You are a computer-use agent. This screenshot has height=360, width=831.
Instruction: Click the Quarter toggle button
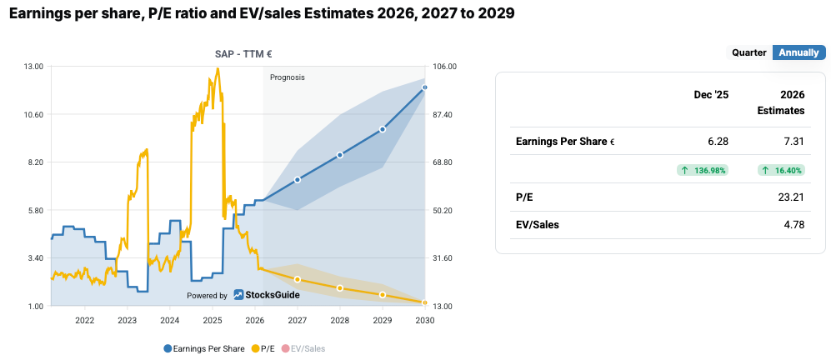748,52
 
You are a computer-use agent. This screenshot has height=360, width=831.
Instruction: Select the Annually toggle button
798,52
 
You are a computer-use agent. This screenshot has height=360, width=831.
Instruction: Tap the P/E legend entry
262,348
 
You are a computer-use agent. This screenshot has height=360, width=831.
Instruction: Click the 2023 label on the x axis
127,320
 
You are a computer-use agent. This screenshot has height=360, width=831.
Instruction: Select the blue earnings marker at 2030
425,87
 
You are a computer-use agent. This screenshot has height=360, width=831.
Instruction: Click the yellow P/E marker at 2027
298,279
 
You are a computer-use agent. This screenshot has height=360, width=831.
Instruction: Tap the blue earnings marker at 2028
340,155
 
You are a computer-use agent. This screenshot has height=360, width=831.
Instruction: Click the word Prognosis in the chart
288,77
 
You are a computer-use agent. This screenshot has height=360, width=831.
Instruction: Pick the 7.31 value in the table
793,142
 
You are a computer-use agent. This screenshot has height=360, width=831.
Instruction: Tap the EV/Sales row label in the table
538,224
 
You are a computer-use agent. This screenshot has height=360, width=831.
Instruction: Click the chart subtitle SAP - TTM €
243,53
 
